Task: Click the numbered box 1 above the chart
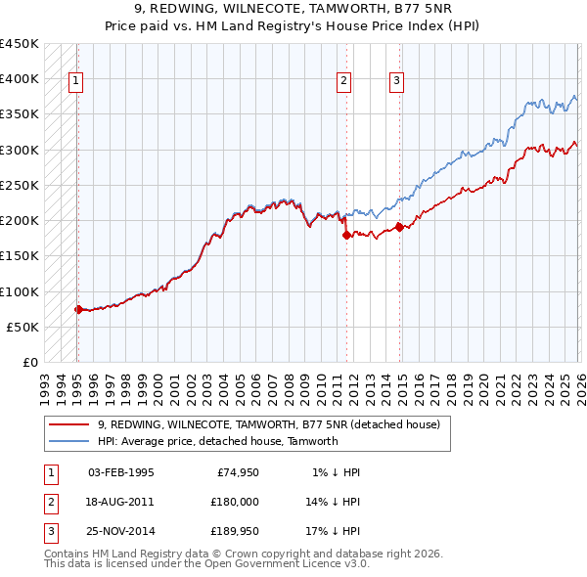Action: click(76, 82)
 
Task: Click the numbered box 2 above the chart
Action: click(344, 82)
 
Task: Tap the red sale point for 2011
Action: click(345, 235)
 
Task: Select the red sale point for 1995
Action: click(78, 309)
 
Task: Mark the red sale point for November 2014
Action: click(399, 227)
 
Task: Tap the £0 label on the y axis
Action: click(29, 362)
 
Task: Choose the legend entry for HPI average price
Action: click(217, 441)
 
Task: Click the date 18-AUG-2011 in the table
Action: click(120, 501)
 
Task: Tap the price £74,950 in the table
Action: click(235, 472)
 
